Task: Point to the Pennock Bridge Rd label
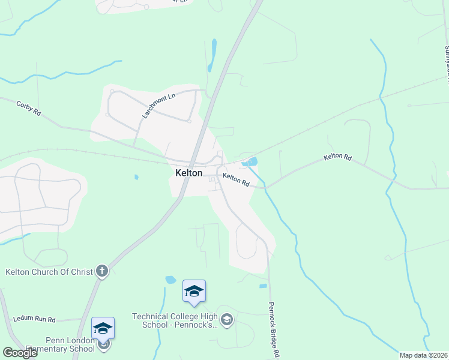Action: tap(274, 329)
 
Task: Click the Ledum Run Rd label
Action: tap(34, 319)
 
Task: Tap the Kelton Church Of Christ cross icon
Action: tap(102, 271)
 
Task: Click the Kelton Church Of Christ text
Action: tap(49, 272)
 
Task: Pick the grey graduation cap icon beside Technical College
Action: tap(226, 319)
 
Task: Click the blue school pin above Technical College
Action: tap(194, 292)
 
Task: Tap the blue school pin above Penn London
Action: tap(103, 329)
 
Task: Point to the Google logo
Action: tap(20, 353)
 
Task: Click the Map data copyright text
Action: tap(423, 355)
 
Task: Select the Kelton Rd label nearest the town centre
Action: tap(236, 179)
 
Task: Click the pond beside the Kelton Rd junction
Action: tap(250, 161)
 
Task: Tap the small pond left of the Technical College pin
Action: tap(170, 280)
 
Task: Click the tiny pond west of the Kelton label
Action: tap(137, 177)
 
